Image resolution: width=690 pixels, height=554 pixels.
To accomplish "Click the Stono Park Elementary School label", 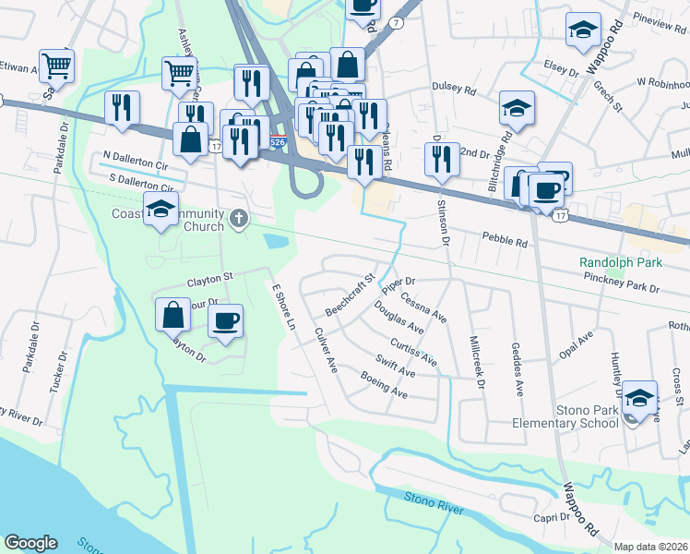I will tap(565, 415).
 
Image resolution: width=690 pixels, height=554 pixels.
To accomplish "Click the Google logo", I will tap(30, 542).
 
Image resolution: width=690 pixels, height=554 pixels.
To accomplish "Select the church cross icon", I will tap(239, 218).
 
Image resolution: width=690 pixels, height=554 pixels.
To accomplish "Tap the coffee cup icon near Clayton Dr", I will tap(226, 320).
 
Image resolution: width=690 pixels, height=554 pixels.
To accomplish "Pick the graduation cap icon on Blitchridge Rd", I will tap(517, 108).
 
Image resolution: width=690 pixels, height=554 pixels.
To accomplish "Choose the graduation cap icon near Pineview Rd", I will tap(583, 30).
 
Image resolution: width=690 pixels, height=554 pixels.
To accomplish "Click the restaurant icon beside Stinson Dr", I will tap(442, 159).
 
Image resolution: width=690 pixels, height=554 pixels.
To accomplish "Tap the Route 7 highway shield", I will tap(395, 22).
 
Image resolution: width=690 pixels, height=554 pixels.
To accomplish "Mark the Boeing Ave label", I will tap(384, 384).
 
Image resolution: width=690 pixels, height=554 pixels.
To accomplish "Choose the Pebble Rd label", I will tap(505, 240).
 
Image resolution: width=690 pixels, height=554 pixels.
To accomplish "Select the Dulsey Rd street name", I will tap(454, 89).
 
